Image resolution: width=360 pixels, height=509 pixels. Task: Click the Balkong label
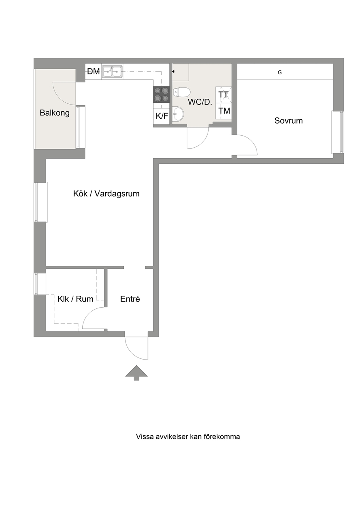tap(54, 113)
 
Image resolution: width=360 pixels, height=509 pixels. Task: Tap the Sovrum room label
tap(289, 121)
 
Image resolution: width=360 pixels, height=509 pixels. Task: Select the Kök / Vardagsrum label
tap(106, 194)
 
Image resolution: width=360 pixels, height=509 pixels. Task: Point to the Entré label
tap(130, 299)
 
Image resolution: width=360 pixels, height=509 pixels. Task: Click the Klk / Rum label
tap(75, 299)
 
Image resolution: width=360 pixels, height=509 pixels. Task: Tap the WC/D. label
tap(200, 102)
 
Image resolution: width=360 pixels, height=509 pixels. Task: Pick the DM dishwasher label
tap(94, 71)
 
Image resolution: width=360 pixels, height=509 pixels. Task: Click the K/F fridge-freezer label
tap(162, 116)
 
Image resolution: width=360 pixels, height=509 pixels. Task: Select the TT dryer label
tap(224, 95)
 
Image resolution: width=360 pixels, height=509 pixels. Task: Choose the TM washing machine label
tap(224, 111)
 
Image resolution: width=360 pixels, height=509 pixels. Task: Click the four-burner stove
tap(161, 95)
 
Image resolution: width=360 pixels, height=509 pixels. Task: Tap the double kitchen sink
tap(112, 71)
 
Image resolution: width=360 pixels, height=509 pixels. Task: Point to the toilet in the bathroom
tap(181, 92)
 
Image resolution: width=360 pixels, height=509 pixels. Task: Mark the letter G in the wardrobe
tap(280, 73)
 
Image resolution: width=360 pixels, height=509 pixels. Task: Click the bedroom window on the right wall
tap(338, 132)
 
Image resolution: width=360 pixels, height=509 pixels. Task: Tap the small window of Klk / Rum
tap(40, 284)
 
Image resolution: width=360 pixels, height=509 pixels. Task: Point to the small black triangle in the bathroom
tap(173, 72)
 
